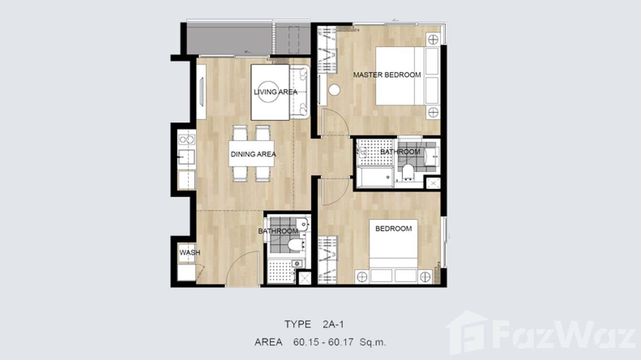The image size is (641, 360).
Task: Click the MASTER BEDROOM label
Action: point(387,75)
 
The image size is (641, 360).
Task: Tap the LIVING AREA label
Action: point(276,92)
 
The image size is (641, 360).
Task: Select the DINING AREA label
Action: point(253,154)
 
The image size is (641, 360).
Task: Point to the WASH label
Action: point(190,253)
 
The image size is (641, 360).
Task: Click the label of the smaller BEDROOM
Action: point(394,229)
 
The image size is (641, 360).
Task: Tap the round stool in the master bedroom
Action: point(334,90)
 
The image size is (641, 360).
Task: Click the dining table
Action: point(251,153)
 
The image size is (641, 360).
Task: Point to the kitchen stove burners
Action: point(186,139)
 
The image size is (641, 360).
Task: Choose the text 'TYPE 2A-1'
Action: point(314,325)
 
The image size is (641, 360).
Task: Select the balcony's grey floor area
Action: point(229,40)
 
